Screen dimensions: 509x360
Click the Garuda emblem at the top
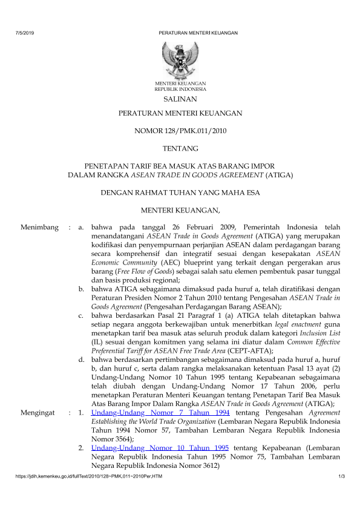(x=180, y=59)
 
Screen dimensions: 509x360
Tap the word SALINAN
(x=180, y=99)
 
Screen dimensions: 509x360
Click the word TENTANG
(x=180, y=148)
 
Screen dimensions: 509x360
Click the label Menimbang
(x=39, y=228)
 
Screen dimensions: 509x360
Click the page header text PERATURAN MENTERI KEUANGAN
(x=198, y=32)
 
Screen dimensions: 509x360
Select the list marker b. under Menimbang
(x=82, y=290)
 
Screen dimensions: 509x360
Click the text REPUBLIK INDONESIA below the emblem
(x=180, y=88)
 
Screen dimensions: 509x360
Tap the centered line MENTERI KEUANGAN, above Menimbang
(x=180, y=210)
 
